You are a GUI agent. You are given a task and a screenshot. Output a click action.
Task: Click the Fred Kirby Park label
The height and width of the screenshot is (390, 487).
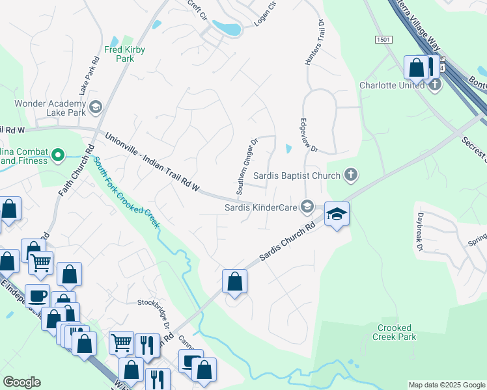124,54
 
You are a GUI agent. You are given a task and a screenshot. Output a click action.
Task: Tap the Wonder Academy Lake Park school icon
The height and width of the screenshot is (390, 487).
96,107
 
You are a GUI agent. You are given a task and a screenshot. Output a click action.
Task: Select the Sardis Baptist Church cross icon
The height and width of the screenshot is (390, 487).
351,175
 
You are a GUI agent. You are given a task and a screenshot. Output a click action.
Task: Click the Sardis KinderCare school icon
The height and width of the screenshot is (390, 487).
307,207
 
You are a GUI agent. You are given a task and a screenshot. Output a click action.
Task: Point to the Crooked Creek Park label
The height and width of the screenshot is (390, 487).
394,332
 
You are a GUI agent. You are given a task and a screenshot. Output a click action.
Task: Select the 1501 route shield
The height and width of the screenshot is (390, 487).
383,40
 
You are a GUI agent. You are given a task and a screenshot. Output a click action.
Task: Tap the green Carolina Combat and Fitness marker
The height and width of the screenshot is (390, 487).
58,155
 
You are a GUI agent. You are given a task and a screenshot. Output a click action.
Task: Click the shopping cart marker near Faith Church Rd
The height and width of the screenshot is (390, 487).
40,263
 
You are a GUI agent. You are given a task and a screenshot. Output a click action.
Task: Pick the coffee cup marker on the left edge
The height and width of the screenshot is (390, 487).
37,296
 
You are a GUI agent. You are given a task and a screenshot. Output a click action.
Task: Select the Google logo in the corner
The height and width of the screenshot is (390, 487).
21,382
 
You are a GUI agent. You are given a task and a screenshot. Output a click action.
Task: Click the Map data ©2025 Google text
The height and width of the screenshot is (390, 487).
446,385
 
